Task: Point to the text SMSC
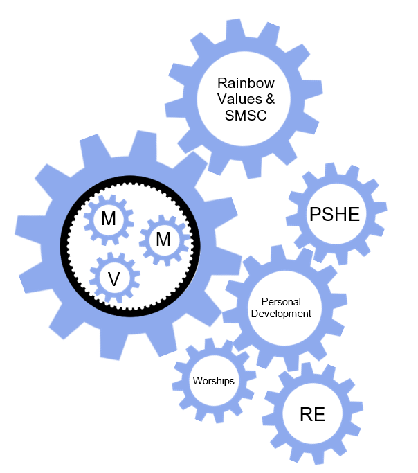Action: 246,116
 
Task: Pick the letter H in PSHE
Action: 339,215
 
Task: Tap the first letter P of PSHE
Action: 313,215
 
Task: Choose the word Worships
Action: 213,381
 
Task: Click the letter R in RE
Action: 307,415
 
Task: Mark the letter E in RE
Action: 319,415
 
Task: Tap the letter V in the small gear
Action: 114,278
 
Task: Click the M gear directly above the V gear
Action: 109,219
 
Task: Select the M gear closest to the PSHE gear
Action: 163,240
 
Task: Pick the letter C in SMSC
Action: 261,116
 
